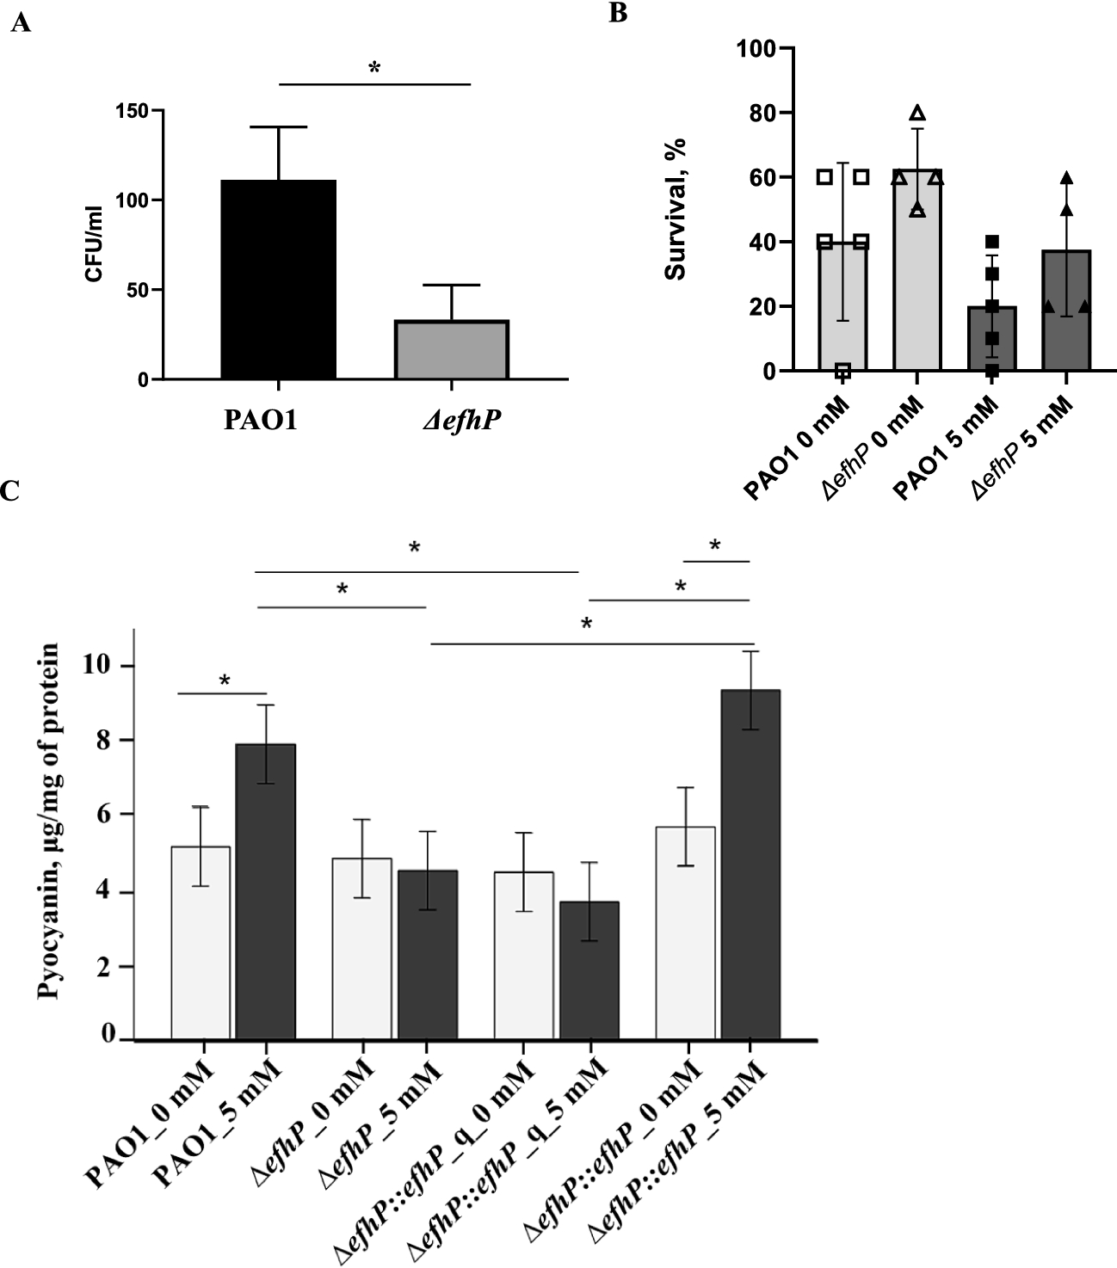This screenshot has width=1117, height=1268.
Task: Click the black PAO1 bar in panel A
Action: [279, 280]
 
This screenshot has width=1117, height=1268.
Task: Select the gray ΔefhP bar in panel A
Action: [452, 349]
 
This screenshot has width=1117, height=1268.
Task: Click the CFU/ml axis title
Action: [93, 244]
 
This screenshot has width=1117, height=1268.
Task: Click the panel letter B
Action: [618, 14]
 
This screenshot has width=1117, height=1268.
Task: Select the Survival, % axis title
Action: [676, 209]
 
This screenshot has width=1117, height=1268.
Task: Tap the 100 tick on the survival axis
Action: [754, 48]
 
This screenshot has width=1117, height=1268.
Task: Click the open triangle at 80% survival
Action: [917, 114]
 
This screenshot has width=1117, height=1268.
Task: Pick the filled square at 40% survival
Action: [991, 242]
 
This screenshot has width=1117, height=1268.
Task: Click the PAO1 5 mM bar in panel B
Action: [991, 339]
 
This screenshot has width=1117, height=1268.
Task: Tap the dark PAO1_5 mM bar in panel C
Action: [266, 891]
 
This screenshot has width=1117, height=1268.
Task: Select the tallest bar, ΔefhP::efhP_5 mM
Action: [750, 865]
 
